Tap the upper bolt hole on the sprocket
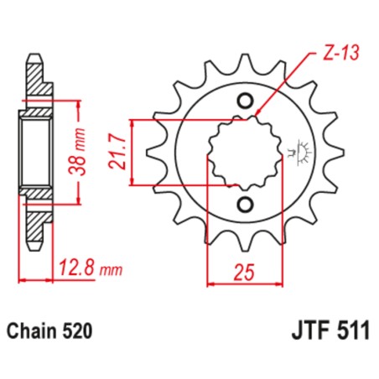coord(246,101)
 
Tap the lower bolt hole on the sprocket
coord(246,205)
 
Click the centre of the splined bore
coord(244,153)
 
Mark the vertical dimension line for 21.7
coord(136,153)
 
